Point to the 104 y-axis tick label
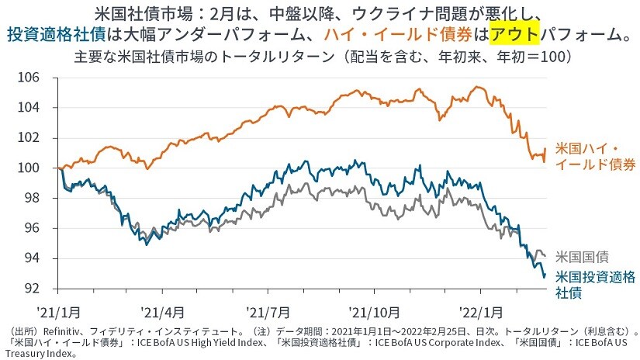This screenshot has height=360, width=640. [29, 108]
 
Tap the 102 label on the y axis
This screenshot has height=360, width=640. [29, 138]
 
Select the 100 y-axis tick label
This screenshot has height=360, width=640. [29, 168]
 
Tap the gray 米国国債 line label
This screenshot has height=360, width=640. [583, 256]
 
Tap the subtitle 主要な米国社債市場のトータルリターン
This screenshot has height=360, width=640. [205, 57]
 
